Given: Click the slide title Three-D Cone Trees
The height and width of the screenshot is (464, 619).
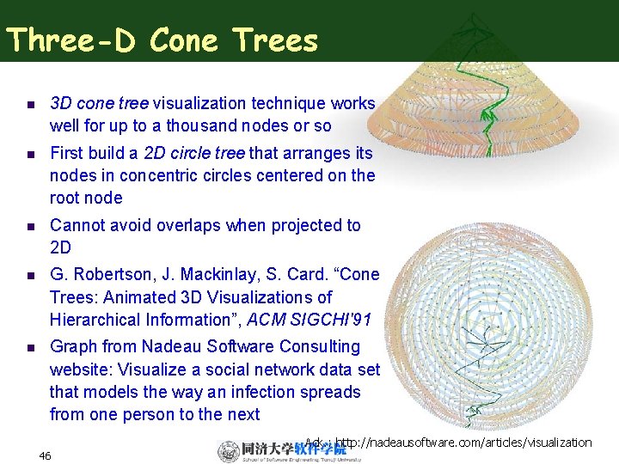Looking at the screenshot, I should click(162, 40).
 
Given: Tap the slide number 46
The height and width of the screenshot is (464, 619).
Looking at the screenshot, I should click(46, 455).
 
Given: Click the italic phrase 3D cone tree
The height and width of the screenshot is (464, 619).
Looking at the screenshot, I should click(99, 103).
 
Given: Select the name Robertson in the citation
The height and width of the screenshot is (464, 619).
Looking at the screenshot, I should click(117, 275).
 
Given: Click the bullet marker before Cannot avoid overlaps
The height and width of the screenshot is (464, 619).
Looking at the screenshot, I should click(28, 226).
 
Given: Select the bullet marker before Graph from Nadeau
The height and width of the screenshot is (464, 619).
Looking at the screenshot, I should click(28, 347).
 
